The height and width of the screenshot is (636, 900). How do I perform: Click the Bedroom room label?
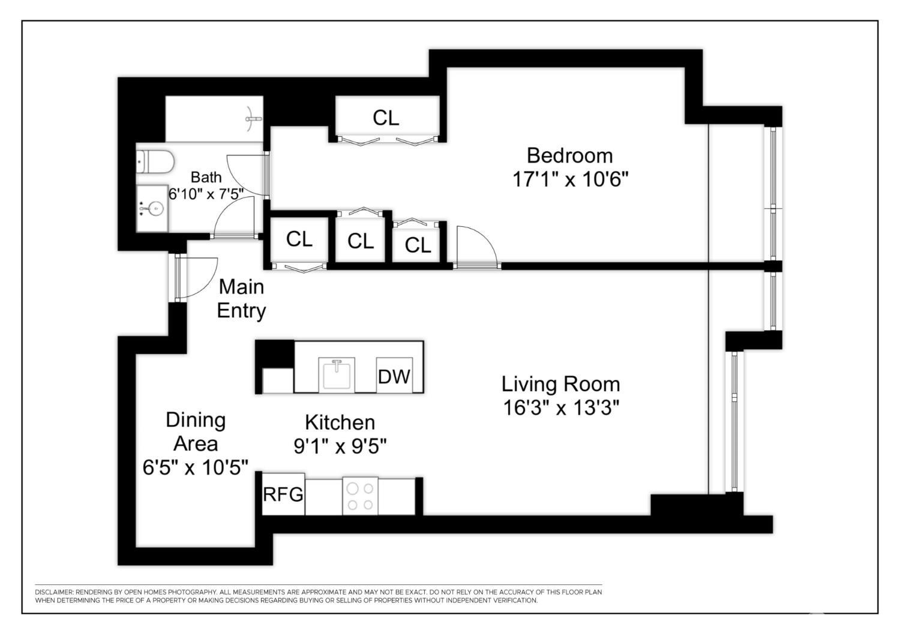[x=569, y=155]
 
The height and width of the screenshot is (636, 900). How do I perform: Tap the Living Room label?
[x=560, y=384]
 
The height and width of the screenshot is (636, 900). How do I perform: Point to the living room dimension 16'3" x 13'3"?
[x=560, y=408]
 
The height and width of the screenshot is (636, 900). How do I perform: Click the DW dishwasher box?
[x=394, y=376]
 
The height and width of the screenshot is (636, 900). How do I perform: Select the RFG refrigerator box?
[x=283, y=495]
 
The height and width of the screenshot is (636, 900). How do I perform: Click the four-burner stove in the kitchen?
[x=360, y=496]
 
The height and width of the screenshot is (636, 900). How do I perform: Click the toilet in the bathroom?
[x=155, y=161]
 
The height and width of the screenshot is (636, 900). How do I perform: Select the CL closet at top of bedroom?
[x=386, y=118]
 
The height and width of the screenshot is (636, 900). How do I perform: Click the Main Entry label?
[x=241, y=299]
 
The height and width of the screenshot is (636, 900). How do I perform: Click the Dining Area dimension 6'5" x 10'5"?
[x=195, y=467]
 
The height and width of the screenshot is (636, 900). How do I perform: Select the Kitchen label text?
[x=340, y=422]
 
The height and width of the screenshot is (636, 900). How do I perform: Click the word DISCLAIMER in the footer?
[x=52, y=592]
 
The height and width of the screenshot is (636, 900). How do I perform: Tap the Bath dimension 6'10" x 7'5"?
[x=206, y=194]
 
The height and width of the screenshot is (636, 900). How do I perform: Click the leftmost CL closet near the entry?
[x=299, y=239]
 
